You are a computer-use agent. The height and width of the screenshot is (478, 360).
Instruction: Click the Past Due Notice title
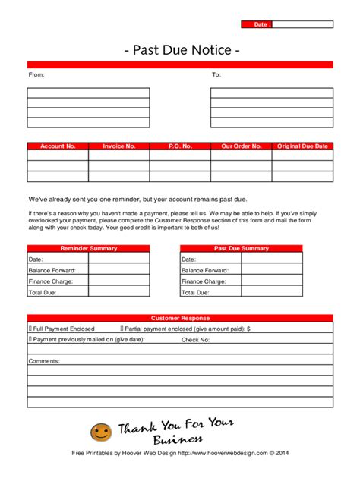[x=182, y=50]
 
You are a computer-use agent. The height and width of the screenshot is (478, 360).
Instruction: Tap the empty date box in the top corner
[x=302, y=24]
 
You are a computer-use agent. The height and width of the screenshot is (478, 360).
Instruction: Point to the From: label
[x=36, y=75]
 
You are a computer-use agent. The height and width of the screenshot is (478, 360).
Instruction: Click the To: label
[x=216, y=75]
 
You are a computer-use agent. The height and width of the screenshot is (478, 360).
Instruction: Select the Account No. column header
[x=58, y=146]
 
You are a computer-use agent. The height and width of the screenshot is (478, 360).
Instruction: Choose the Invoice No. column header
[x=118, y=146]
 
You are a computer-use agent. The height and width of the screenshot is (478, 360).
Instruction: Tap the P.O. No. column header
[x=180, y=146]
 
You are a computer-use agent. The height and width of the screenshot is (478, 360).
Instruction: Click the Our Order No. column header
[x=242, y=146]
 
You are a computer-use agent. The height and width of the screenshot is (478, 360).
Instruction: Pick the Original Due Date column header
[x=302, y=146]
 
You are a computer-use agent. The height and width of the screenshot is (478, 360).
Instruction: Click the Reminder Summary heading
[x=88, y=248]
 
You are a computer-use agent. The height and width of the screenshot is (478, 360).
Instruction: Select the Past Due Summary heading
[x=242, y=248]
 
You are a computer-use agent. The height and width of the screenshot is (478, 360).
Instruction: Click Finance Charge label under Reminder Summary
[x=46, y=281]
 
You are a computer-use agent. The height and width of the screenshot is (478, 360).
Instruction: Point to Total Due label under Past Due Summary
[x=195, y=291]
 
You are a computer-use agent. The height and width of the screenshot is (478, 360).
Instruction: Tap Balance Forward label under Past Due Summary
[x=204, y=270]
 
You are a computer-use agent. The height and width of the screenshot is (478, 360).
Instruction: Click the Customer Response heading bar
[x=180, y=318]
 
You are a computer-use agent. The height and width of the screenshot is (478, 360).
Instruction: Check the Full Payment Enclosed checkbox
[x=30, y=329]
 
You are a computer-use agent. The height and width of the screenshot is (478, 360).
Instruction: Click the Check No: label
[x=195, y=340]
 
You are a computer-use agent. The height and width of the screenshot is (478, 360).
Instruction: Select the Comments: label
[x=44, y=361]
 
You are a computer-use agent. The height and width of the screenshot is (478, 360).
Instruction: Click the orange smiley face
[x=101, y=433]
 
